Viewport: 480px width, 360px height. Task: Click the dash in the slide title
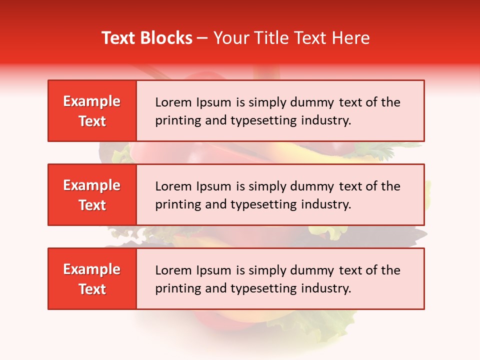[203, 38]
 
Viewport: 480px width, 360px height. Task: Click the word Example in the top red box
[92, 101]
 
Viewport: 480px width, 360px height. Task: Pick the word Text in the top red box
[92, 121]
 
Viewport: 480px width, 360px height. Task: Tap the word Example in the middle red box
[92, 185]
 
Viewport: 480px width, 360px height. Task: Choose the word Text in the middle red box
[92, 205]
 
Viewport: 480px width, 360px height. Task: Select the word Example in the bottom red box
[92, 269]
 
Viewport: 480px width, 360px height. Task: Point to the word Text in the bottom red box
[92, 289]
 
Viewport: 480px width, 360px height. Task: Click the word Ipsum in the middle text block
[210, 187]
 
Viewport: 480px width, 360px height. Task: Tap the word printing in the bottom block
[173, 289]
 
